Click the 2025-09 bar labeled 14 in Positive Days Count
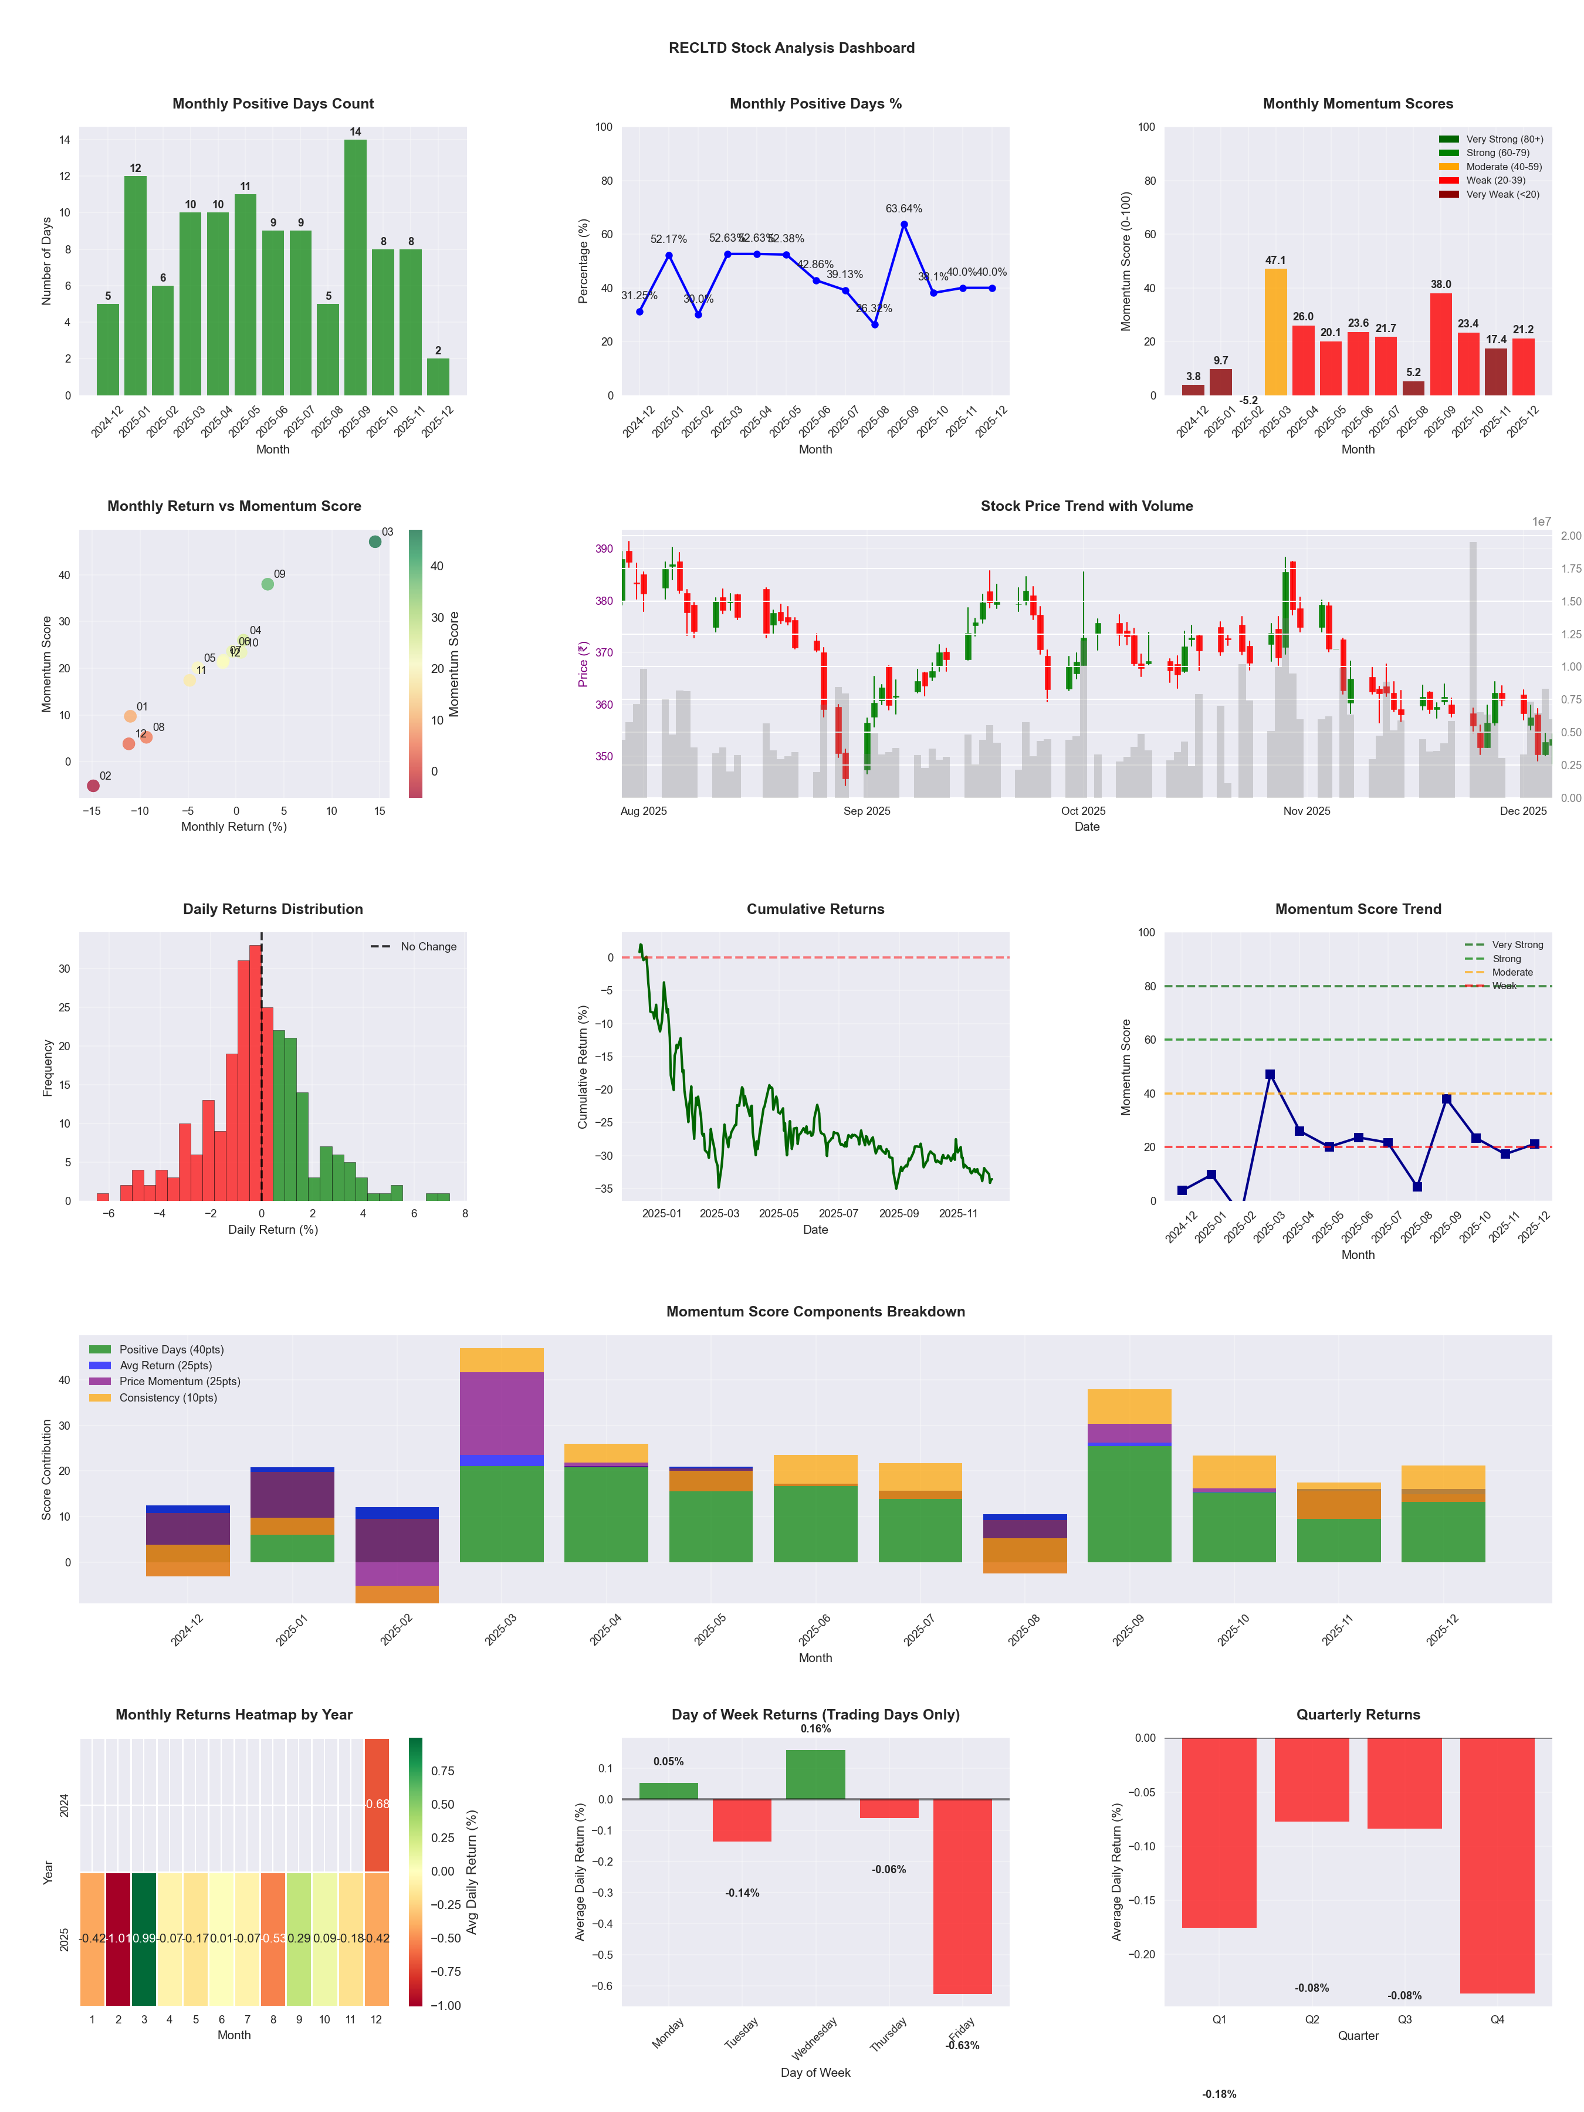[355, 268]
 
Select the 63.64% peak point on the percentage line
[903, 224]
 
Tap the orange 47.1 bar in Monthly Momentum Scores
[1275, 331]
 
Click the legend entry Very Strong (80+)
[1504, 140]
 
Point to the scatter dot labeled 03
[375, 541]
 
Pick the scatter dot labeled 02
[93, 786]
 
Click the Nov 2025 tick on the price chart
[1306, 811]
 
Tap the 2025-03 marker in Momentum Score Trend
[1270, 1074]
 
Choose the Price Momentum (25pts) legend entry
[180, 1382]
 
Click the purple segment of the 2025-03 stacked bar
[501, 1413]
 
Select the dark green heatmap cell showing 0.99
[144, 1938]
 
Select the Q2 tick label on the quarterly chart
[1312, 2019]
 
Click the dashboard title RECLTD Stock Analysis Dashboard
[791, 48]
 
